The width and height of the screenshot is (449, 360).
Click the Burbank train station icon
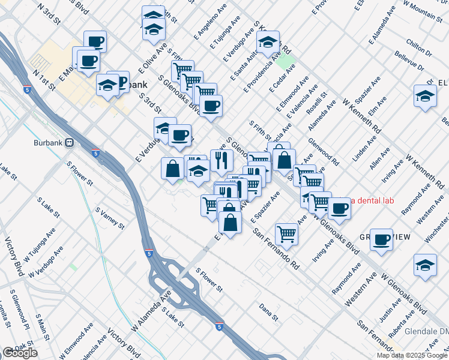70,143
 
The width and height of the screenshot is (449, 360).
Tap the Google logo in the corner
20,353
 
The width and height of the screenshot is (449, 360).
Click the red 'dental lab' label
372,200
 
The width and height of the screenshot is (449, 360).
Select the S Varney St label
109,218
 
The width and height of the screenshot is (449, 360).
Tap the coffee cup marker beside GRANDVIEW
381,239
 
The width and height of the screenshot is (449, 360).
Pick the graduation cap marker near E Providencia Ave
268,42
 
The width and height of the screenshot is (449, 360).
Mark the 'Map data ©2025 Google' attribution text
412,355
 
